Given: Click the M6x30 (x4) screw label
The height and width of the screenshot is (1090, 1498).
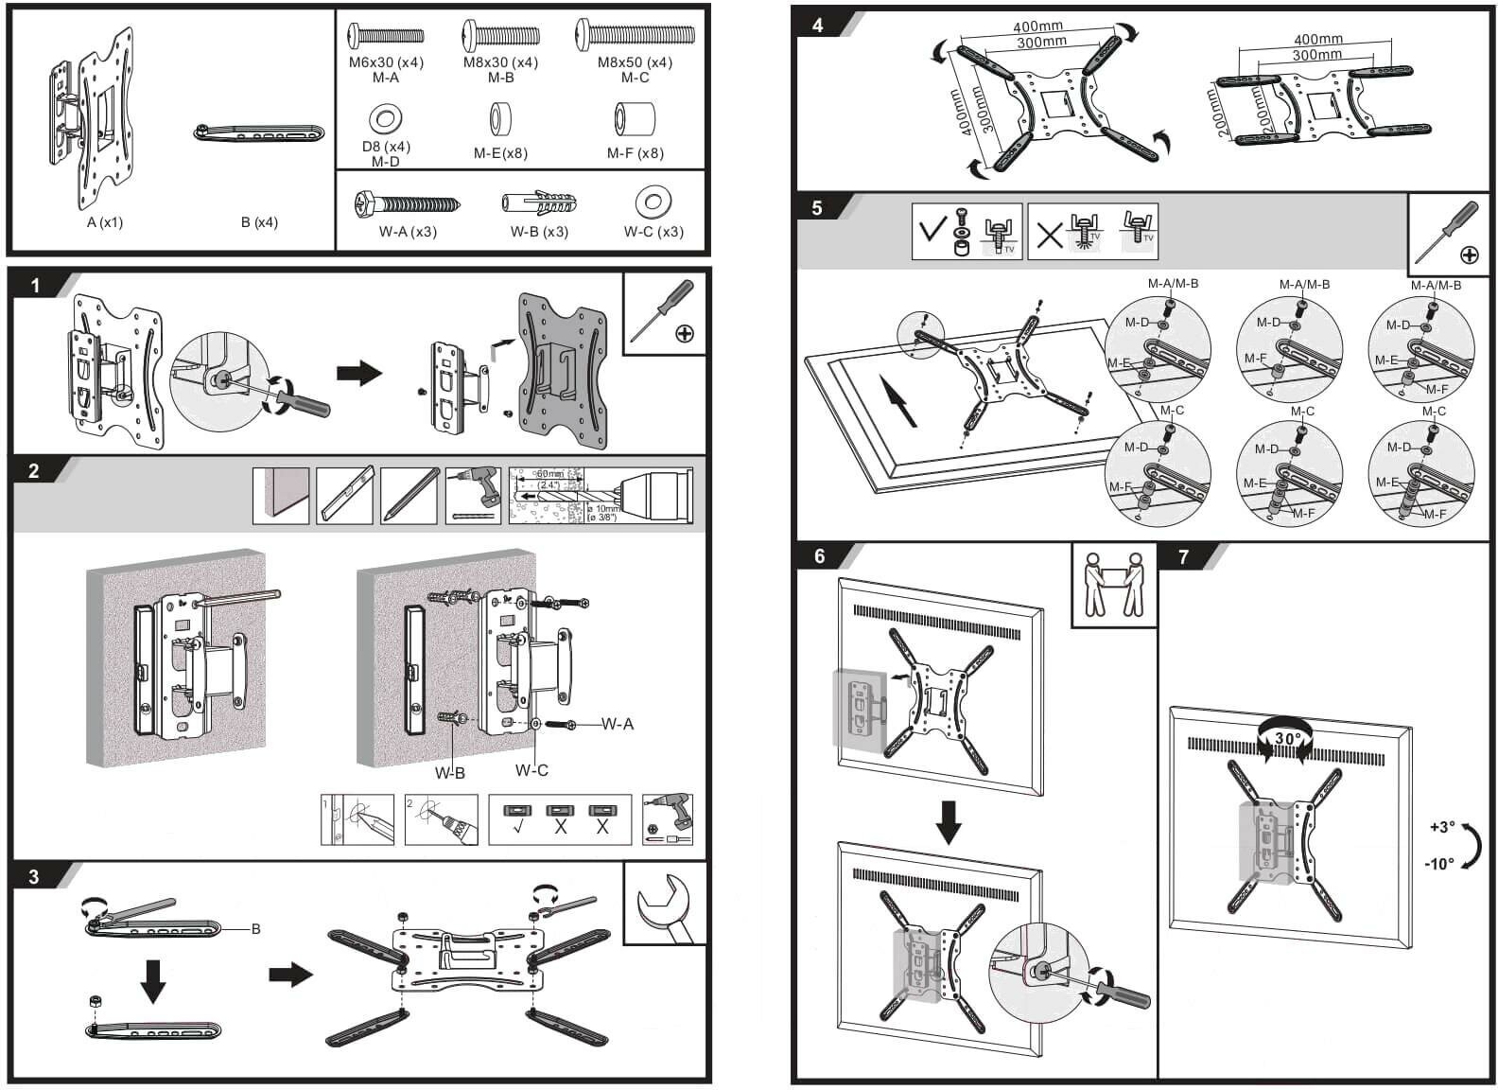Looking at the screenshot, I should click(386, 62).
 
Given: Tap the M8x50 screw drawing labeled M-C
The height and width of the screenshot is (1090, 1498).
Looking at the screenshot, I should click(635, 37).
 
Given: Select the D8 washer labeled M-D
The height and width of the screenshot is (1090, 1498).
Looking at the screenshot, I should click(386, 119).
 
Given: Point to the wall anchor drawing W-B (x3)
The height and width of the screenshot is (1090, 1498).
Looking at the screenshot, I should click(538, 203).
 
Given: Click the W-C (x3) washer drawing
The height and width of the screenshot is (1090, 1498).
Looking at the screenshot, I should click(653, 202).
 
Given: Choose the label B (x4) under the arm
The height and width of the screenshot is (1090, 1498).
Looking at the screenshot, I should click(259, 222).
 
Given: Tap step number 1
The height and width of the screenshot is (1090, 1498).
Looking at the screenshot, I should click(35, 285).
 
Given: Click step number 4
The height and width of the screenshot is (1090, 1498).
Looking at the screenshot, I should click(818, 25).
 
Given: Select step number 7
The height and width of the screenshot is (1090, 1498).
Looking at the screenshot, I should click(1183, 556).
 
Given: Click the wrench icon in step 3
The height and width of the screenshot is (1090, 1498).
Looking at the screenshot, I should click(665, 905).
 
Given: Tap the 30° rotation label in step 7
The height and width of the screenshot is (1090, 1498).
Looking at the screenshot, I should click(1287, 738).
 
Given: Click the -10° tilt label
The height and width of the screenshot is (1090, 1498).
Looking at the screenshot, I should click(1438, 864).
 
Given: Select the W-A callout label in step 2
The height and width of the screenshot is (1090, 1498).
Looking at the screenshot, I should click(618, 724).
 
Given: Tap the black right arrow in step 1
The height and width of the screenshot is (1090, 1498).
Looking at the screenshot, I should click(359, 371).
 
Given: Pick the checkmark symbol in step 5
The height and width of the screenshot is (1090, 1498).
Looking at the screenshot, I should click(934, 230).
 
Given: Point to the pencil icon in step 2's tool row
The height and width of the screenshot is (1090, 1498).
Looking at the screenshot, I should click(409, 495).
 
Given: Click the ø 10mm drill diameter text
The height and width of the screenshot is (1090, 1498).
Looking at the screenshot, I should click(602, 511).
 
